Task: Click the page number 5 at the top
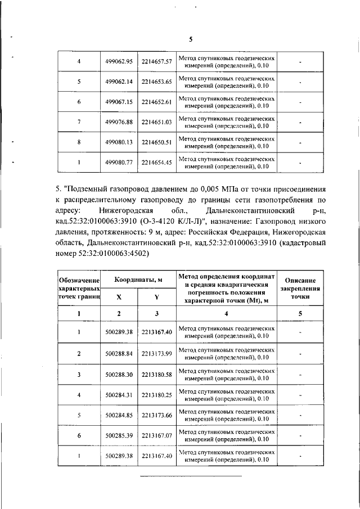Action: pyautogui.click(x=190, y=39)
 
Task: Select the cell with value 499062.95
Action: pyautogui.click(x=119, y=61)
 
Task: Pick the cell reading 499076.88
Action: pyautogui.click(x=119, y=122)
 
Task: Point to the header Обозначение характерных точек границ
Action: pyautogui.click(x=79, y=287)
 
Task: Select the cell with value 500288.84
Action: pyautogui.click(x=119, y=353)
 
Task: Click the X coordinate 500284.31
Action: pyautogui.click(x=119, y=394)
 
